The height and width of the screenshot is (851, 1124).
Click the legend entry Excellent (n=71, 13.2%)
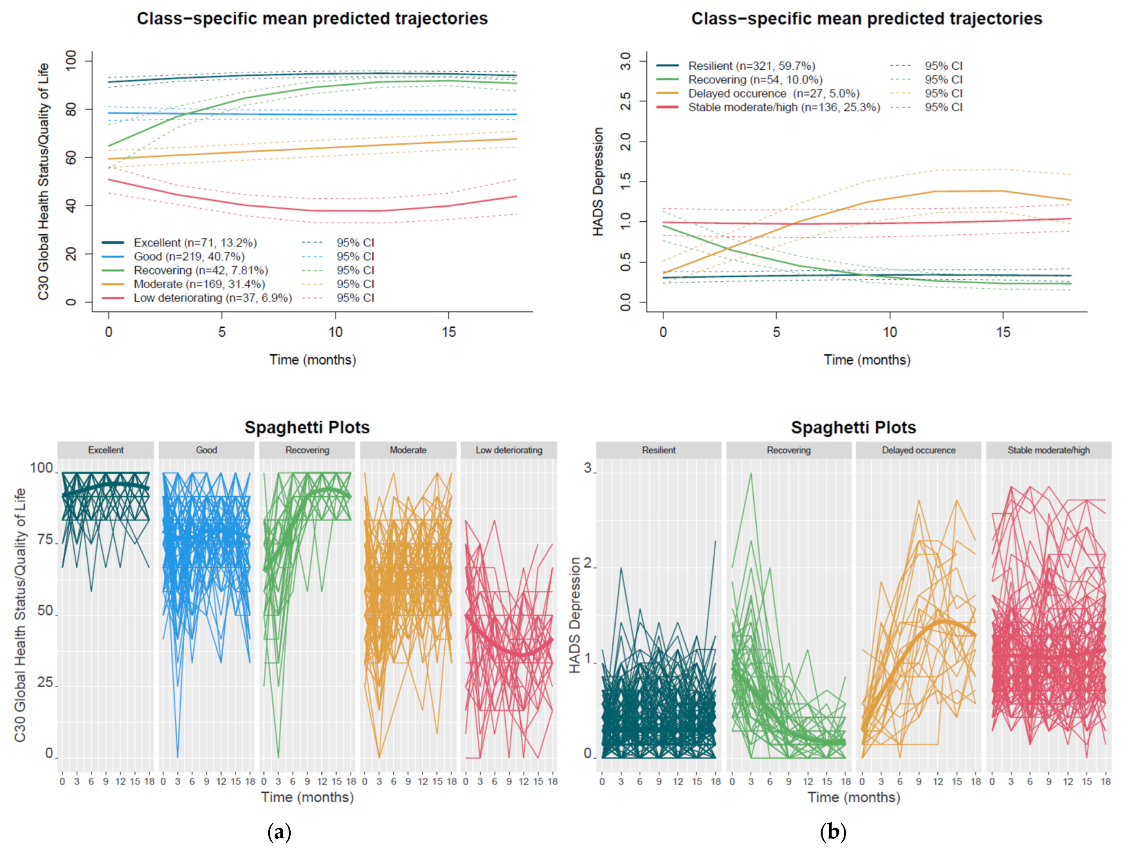(x=195, y=243)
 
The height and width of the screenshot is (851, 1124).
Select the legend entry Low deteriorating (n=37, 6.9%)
(x=212, y=298)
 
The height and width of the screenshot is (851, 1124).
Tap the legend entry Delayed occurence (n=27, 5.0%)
(x=773, y=93)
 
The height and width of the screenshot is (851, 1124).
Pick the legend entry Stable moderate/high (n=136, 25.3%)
(x=783, y=107)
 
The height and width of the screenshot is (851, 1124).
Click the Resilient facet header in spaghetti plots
(x=659, y=450)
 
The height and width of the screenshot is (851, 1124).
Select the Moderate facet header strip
(x=408, y=450)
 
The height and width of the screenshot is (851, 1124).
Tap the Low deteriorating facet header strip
(x=509, y=450)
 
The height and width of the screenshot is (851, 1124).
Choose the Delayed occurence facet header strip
(x=918, y=450)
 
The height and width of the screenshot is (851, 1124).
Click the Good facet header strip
(x=206, y=450)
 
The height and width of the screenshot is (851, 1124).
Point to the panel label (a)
(x=279, y=832)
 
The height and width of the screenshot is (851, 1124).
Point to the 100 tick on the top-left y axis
(x=71, y=61)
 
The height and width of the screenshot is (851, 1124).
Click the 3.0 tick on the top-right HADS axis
(x=625, y=61)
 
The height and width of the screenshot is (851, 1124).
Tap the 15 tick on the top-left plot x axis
(x=449, y=332)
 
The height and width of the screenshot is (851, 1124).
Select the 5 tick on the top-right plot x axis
(x=776, y=332)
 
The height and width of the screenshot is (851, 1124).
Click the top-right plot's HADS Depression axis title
(x=598, y=182)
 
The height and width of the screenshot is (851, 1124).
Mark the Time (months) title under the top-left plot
(x=313, y=360)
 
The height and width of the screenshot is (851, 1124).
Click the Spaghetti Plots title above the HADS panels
(x=853, y=427)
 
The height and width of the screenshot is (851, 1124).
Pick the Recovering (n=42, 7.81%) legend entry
(x=201, y=270)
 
